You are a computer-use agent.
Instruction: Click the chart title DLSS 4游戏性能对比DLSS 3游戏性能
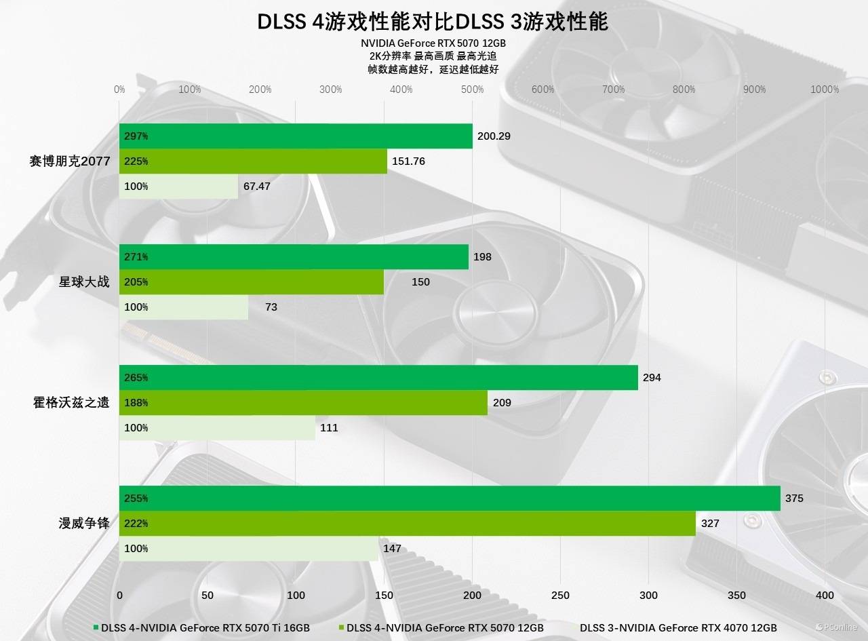[x=433, y=22]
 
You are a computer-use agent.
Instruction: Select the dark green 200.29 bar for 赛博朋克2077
[x=296, y=136]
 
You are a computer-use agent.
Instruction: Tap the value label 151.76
[x=410, y=161]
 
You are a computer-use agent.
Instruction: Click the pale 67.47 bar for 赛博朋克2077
[x=178, y=187]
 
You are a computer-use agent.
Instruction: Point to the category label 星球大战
[x=83, y=281]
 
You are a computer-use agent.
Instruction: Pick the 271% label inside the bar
[x=136, y=257]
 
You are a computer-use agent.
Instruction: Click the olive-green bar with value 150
[x=251, y=282]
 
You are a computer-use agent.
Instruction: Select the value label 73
[x=271, y=307]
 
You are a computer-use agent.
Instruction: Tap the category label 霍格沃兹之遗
[x=71, y=402]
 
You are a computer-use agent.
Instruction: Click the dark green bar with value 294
[x=378, y=378]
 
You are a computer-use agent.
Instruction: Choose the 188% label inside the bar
[x=136, y=403]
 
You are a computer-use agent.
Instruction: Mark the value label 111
[x=329, y=428]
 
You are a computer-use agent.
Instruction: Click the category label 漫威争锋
[x=83, y=523]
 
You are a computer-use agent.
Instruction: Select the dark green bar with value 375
[x=450, y=499]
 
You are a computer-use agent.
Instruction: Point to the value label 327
[x=710, y=524]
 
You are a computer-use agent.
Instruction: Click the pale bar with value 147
[x=248, y=549]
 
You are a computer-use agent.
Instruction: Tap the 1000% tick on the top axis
[x=825, y=90]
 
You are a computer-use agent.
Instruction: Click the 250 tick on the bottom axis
[x=560, y=596]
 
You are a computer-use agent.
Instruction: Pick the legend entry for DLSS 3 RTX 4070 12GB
[x=678, y=627]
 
